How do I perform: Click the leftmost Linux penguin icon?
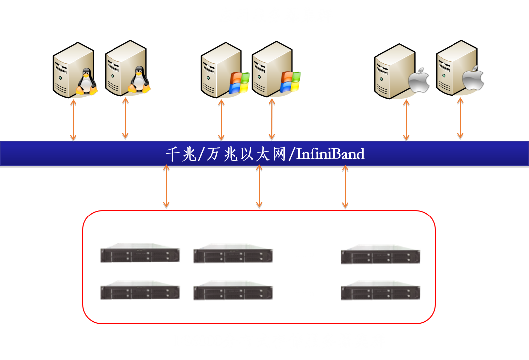pyautogui.click(x=86, y=81)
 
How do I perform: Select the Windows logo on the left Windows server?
pyautogui.click(x=239, y=83)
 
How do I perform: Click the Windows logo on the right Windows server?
pyautogui.click(x=290, y=81)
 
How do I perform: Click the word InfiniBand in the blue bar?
pyautogui.click(x=330, y=154)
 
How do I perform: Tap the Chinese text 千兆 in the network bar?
pyautogui.click(x=181, y=154)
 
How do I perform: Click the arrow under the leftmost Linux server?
pyautogui.click(x=73, y=119)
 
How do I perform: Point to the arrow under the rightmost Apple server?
pyautogui.click(x=460, y=118)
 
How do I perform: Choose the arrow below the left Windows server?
pyautogui.click(x=221, y=119)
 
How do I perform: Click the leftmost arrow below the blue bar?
pyautogui.click(x=166, y=186)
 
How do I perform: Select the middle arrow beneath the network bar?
pyautogui.click(x=259, y=186)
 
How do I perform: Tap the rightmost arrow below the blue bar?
pyautogui.click(x=345, y=186)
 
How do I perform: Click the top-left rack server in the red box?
pyautogui.click(x=140, y=253)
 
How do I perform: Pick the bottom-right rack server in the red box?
pyautogui.click(x=380, y=290)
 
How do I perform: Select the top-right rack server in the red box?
pyautogui.click(x=380, y=254)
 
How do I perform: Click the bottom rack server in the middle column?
pyautogui.click(x=233, y=290)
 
